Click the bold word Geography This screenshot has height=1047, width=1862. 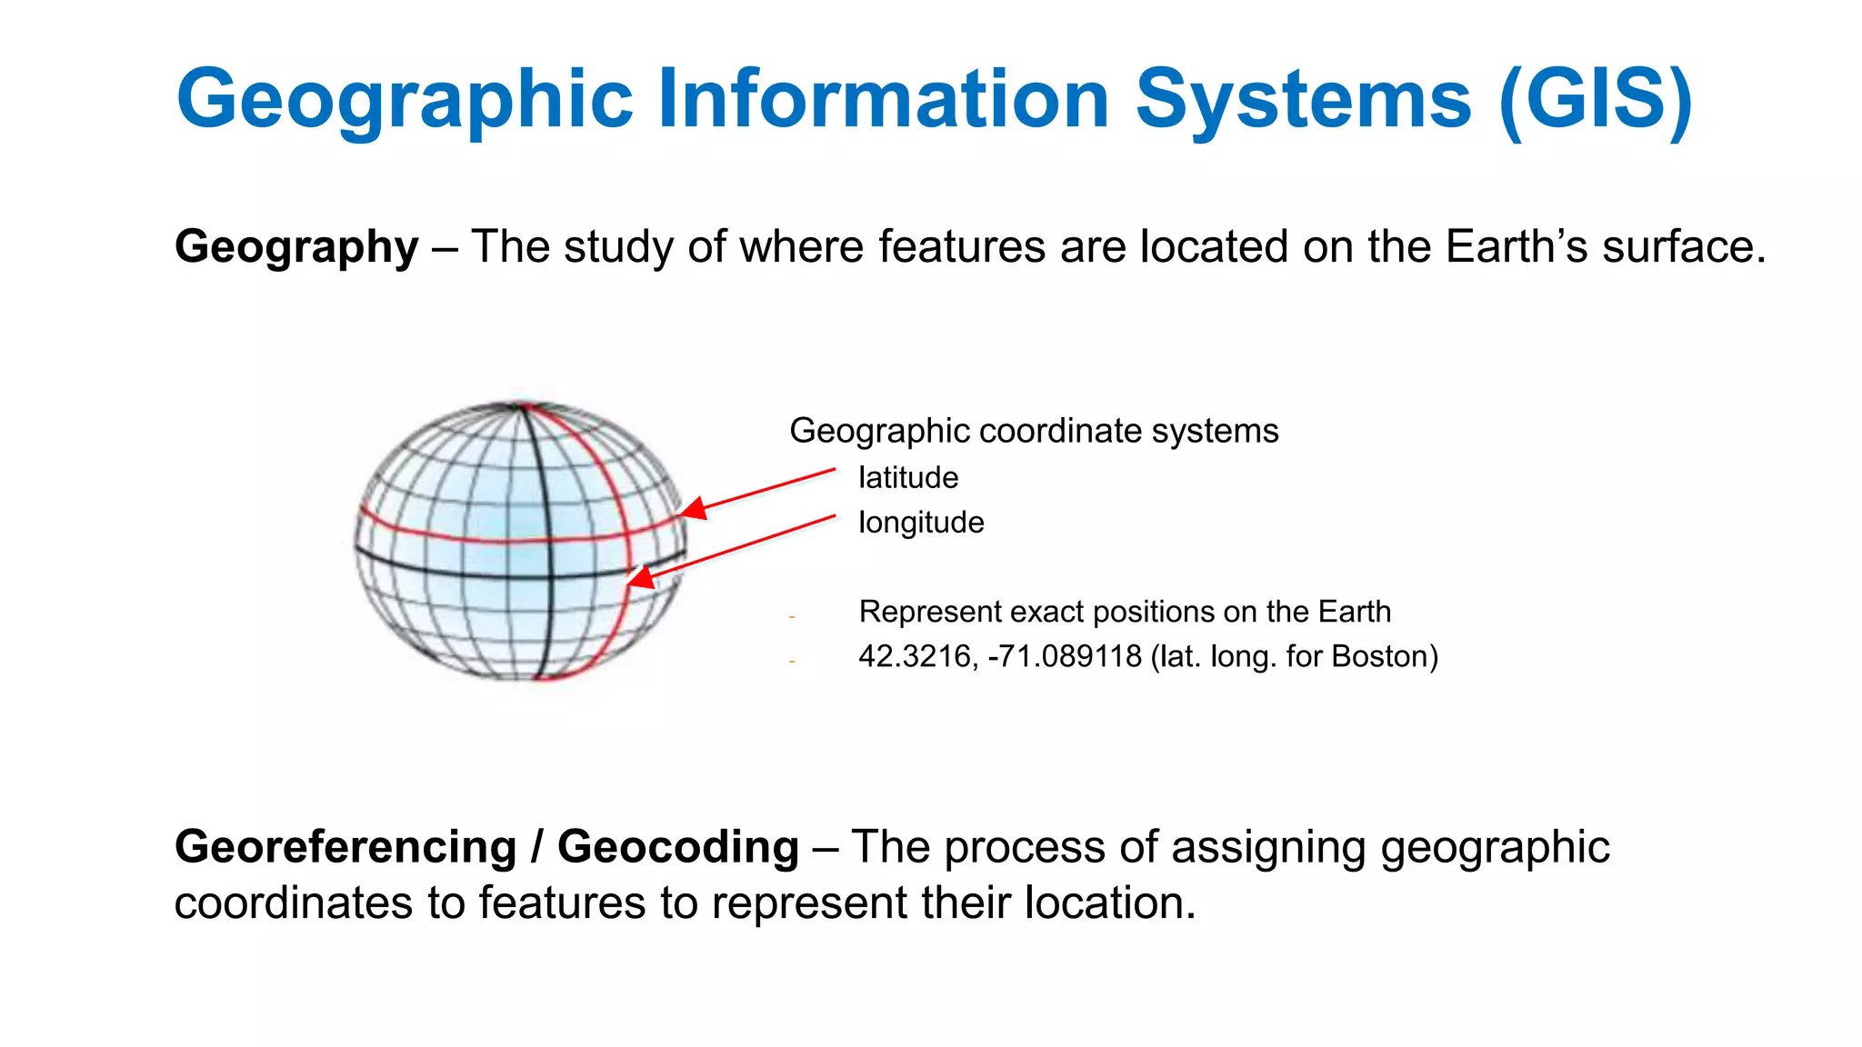click(296, 246)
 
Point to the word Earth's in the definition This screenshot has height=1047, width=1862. click(1517, 246)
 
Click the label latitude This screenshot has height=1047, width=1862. click(907, 477)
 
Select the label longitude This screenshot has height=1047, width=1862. click(920, 523)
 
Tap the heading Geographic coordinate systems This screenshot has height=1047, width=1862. click(1034, 431)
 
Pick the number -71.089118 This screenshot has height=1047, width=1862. click(1064, 656)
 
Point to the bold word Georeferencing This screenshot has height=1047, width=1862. click(345, 847)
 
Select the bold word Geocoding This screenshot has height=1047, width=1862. click(678, 847)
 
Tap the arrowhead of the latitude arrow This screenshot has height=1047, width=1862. click(691, 510)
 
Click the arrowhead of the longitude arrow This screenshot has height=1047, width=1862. click(639, 578)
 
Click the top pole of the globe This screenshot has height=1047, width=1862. click(522, 405)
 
